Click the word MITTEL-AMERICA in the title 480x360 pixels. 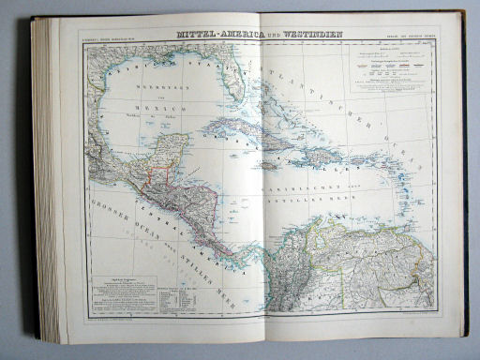209,36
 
